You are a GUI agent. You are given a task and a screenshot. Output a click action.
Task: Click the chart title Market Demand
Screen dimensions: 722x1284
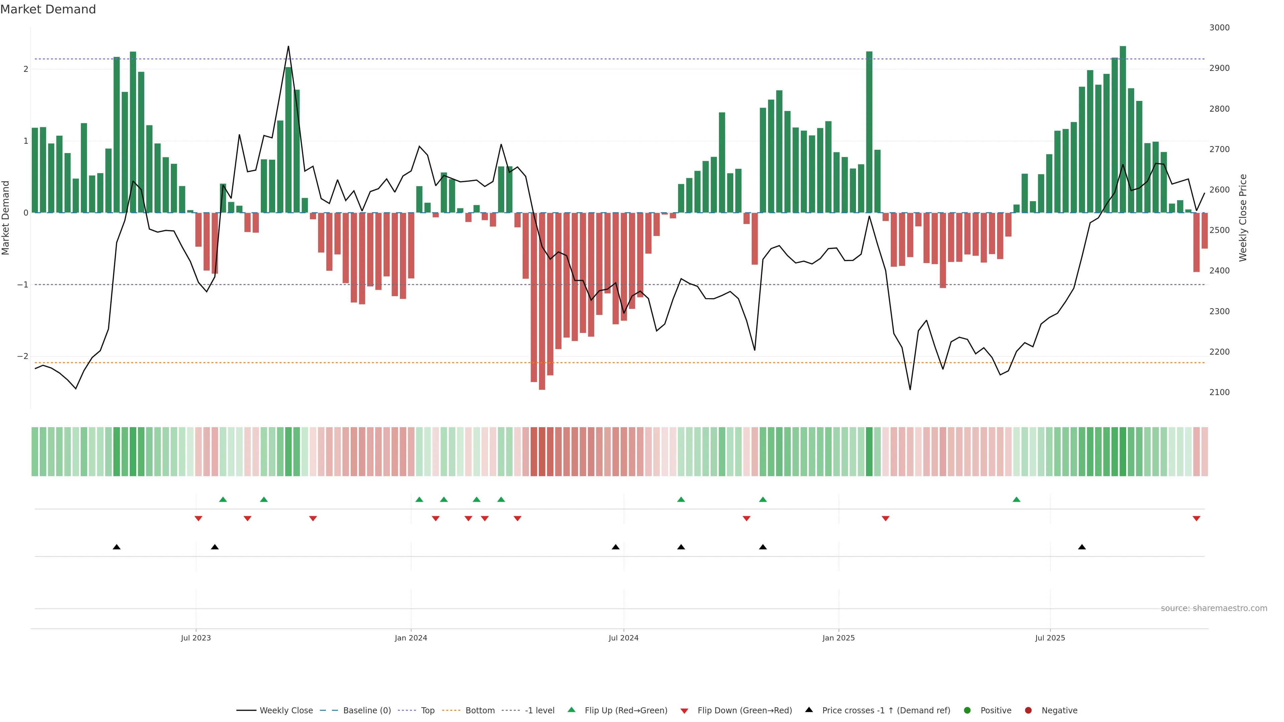tap(48, 9)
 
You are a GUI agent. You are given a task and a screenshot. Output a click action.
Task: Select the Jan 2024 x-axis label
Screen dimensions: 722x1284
tap(411, 638)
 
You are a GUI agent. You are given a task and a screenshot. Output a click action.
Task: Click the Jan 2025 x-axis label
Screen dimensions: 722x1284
tap(838, 638)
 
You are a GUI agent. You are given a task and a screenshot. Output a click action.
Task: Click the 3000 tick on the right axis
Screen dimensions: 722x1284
tap(1219, 28)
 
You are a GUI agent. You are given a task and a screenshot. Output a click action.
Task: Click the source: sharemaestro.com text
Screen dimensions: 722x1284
tap(1214, 608)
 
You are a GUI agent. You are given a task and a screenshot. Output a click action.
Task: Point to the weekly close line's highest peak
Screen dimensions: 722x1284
tap(288, 47)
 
